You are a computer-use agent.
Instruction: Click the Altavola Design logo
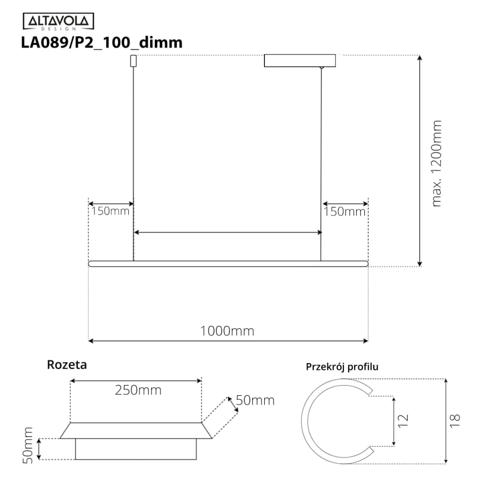click(x=58, y=21)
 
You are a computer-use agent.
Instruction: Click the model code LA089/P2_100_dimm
click(x=102, y=42)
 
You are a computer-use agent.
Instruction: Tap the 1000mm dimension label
click(x=227, y=331)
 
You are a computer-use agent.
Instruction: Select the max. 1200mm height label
click(x=437, y=164)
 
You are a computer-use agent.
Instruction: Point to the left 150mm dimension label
click(x=110, y=211)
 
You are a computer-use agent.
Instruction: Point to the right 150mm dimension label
click(x=344, y=212)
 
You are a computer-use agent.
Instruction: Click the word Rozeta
click(x=67, y=365)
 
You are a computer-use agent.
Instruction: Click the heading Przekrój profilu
click(x=342, y=367)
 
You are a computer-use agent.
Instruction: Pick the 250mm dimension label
click(x=138, y=390)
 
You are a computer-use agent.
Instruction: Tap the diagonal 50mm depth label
click(x=255, y=400)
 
